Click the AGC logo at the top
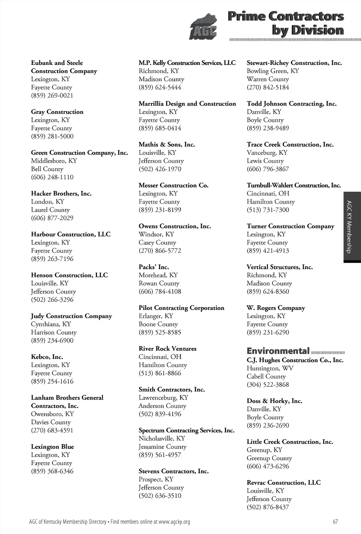[x=203, y=28]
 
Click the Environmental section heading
[x=278, y=351]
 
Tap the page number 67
[x=335, y=522]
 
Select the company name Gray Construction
[x=57, y=112]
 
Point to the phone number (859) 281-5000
[x=52, y=136]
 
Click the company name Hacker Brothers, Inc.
[x=61, y=193]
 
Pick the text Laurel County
[x=50, y=210]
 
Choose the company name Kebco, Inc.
[x=47, y=357]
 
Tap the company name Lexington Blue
[x=53, y=446]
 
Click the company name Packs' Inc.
[x=154, y=267]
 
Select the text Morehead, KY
[x=158, y=275]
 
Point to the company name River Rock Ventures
[x=167, y=349]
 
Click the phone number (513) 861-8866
[x=160, y=373]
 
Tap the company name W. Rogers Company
[x=276, y=308]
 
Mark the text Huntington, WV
[x=270, y=368]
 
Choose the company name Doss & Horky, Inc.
[x=274, y=401]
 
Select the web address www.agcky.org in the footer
[x=174, y=522]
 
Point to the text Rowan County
[x=159, y=283]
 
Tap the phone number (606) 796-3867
[x=268, y=169]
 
